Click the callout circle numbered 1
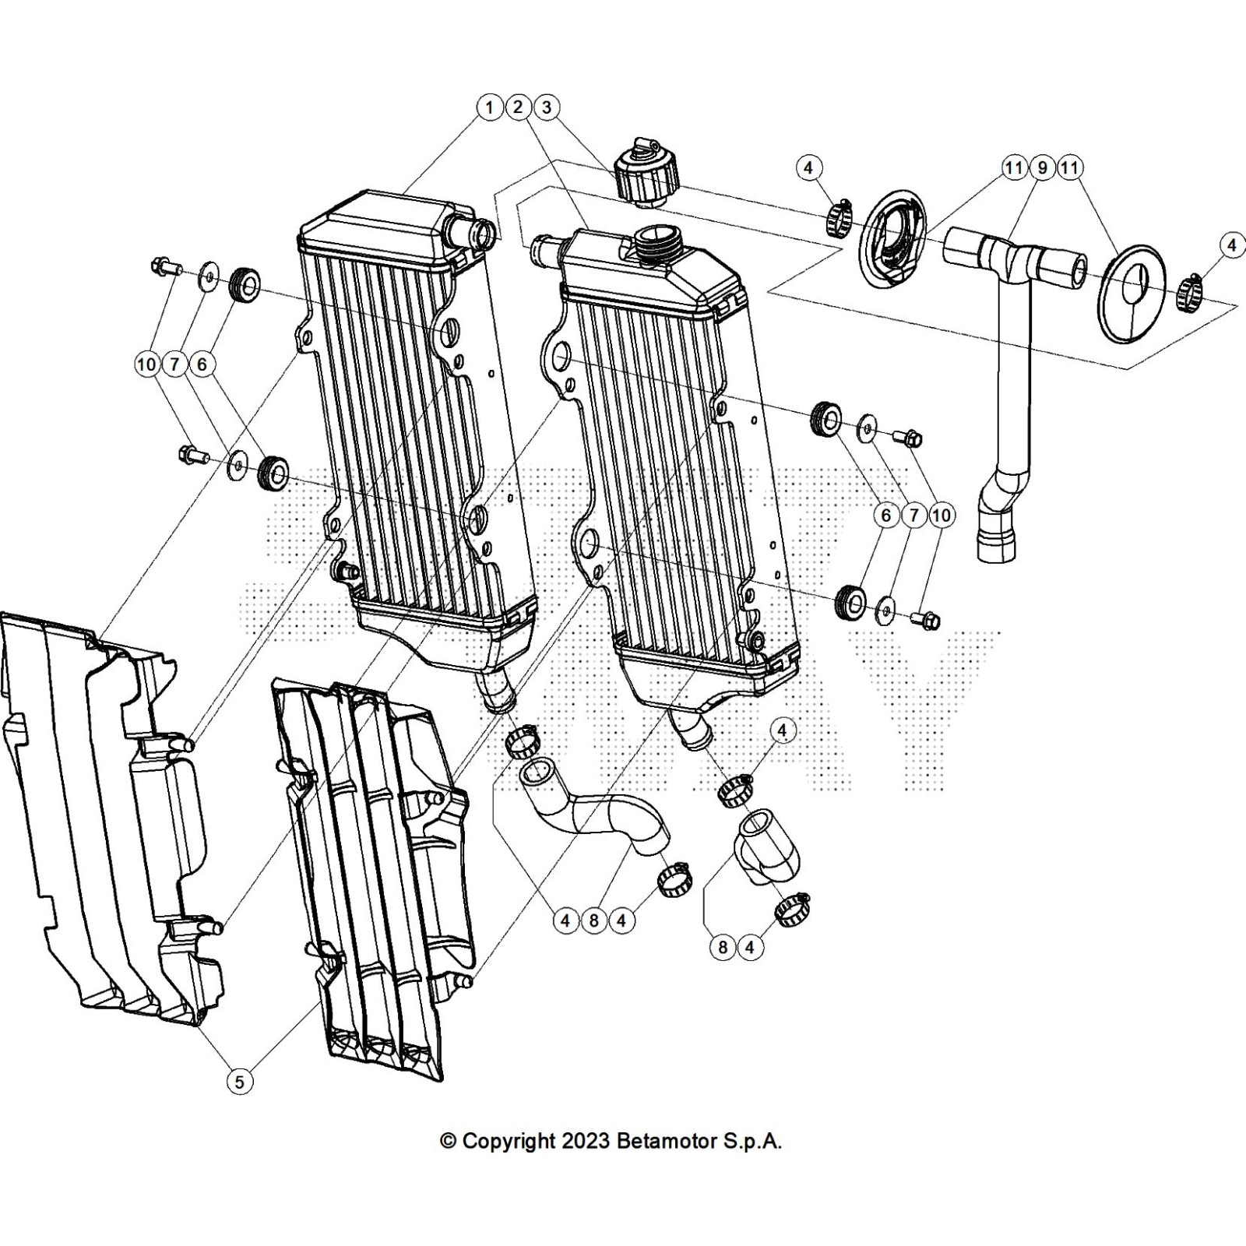click(489, 107)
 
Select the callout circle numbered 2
click(518, 107)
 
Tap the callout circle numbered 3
click(547, 107)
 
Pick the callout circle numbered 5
click(240, 1081)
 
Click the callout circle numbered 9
click(1042, 167)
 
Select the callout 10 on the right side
click(942, 516)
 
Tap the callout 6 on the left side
click(203, 364)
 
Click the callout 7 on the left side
click(174, 364)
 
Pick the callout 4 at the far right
click(1231, 246)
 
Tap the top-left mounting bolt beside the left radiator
click(164, 268)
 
